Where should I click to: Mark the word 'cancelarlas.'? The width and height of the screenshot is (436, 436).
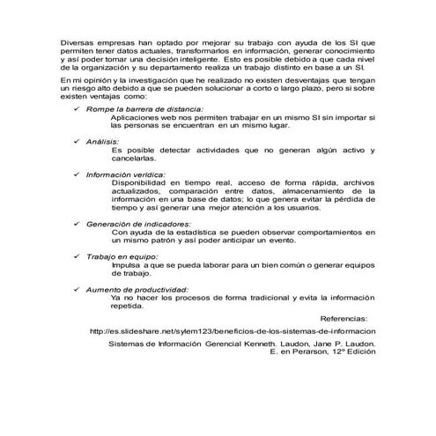[x=135, y=157]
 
